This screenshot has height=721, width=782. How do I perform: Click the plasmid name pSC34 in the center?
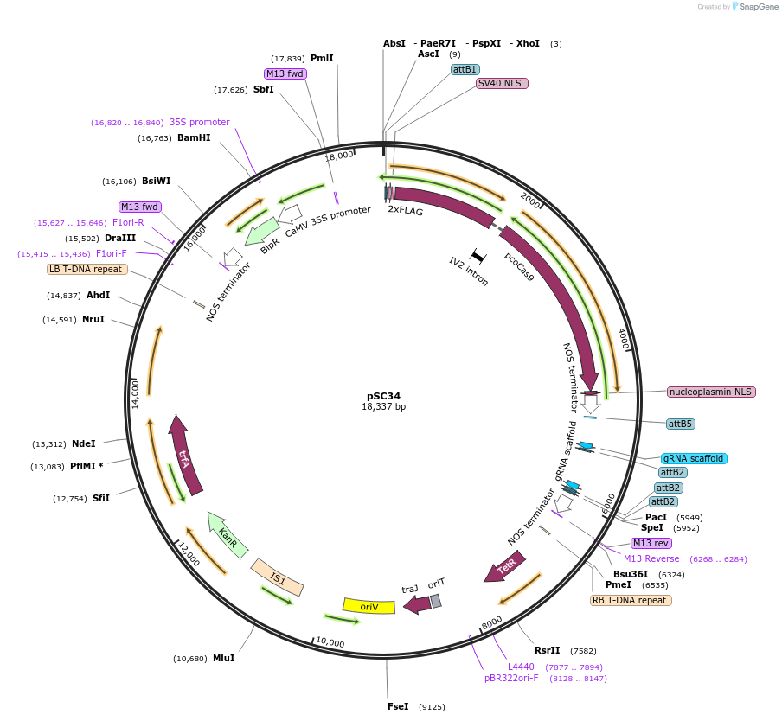(x=383, y=396)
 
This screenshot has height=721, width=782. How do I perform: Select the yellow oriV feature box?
(x=369, y=606)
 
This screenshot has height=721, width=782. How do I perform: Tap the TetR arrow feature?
(x=504, y=568)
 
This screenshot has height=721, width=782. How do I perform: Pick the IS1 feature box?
(x=277, y=577)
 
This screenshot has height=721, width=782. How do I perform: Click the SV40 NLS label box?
(x=502, y=84)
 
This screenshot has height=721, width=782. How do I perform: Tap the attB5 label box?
(x=681, y=424)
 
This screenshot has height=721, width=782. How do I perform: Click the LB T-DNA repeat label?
(x=87, y=269)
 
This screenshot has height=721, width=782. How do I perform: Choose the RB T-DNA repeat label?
(x=630, y=600)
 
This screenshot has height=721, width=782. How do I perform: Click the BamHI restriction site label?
(x=194, y=137)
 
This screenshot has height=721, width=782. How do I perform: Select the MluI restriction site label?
(x=223, y=658)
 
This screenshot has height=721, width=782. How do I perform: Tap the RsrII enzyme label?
(x=547, y=650)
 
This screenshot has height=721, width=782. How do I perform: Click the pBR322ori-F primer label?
(x=511, y=678)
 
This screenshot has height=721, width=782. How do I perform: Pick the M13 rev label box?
(x=651, y=543)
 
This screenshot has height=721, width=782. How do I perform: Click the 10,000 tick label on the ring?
(x=330, y=643)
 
